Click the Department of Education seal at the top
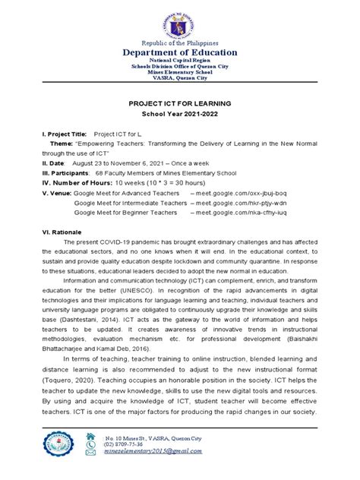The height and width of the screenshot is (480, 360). tap(180, 20)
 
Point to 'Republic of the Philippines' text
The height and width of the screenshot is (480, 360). tap(180, 42)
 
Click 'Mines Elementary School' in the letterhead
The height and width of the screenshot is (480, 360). tap(180, 71)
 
